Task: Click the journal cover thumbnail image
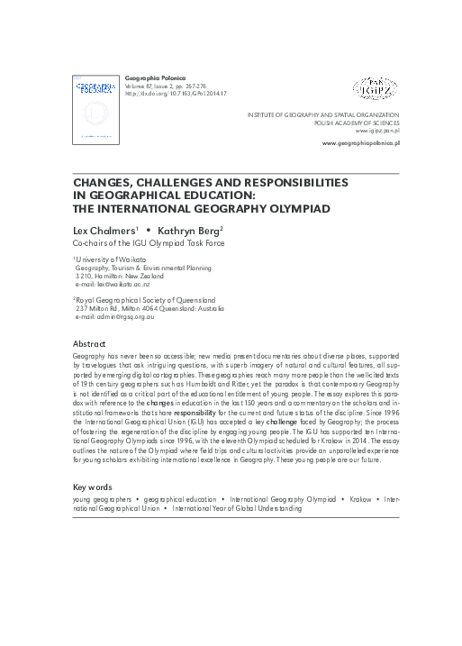[x=95, y=111]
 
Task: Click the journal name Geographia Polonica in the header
[x=150, y=79]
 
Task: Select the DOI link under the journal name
[x=175, y=94]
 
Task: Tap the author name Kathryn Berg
[x=187, y=230]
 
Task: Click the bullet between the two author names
[x=147, y=230]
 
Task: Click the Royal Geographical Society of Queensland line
[x=146, y=298]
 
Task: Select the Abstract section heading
[x=90, y=345]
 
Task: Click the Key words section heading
[x=95, y=487]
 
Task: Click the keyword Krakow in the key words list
[x=363, y=498]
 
